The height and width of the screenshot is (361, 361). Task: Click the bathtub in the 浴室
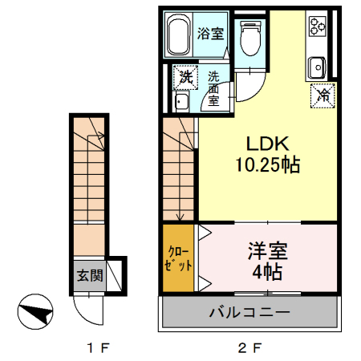click(179, 34)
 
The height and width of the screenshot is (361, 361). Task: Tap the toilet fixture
click(250, 39)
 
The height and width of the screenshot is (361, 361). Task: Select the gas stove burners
click(318, 26)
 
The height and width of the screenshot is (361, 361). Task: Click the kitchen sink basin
click(317, 67)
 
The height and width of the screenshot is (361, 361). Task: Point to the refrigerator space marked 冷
click(322, 95)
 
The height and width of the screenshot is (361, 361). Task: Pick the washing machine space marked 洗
click(186, 77)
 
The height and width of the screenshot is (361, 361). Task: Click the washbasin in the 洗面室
click(182, 102)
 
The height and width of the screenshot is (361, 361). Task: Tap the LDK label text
click(267, 144)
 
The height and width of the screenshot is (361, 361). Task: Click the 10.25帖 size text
click(267, 164)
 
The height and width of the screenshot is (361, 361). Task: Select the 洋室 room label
click(268, 250)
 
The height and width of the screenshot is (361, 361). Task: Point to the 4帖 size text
click(267, 272)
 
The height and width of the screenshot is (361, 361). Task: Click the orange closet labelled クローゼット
click(178, 258)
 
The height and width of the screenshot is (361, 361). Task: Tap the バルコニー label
click(249, 312)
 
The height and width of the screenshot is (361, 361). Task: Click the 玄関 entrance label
click(90, 275)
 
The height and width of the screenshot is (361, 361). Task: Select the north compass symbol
click(35, 311)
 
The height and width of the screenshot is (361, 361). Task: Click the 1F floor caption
click(98, 348)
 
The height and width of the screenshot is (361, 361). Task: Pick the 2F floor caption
click(249, 348)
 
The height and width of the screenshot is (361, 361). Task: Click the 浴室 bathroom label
click(210, 34)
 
